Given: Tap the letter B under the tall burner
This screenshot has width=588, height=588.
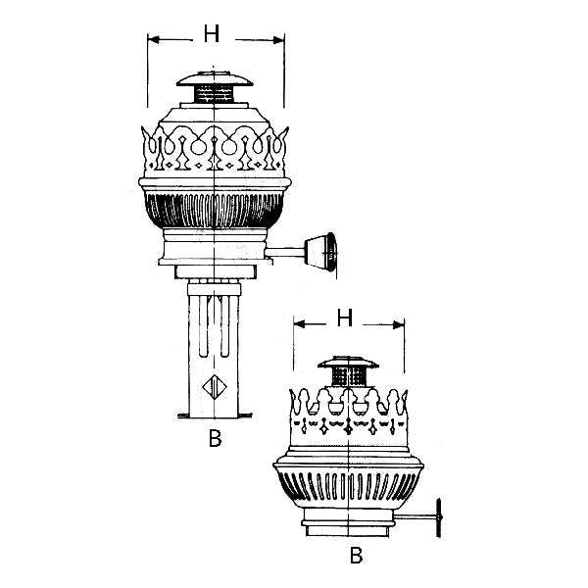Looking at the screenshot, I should click(215, 438).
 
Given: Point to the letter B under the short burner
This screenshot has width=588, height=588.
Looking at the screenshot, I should click(358, 555).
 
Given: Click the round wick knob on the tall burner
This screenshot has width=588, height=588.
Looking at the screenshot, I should click(323, 252).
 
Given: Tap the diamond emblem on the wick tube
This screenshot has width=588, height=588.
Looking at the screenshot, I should click(213, 385).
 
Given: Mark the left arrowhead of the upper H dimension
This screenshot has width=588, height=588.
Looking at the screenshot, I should click(152, 40).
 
